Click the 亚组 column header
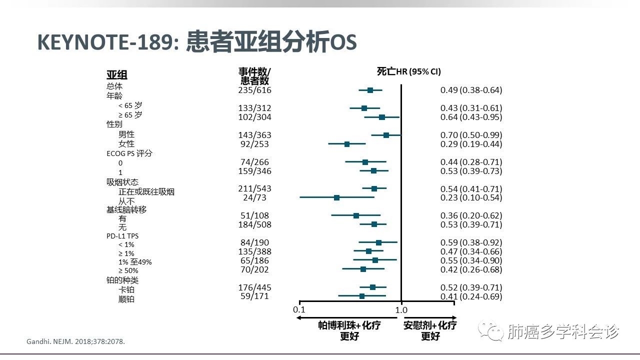click(117, 75)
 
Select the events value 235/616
click(254, 90)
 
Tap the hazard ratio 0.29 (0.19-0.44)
click(471, 144)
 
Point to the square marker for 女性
click(347, 144)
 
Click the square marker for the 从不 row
click(336, 197)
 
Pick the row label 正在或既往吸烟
click(146, 191)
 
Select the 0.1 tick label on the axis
click(299, 309)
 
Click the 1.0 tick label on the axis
click(401, 309)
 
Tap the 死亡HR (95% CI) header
click(408, 71)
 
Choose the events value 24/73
click(254, 197)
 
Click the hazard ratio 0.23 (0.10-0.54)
click(471, 197)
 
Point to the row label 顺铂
click(126, 299)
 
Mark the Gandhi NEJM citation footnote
click(75, 341)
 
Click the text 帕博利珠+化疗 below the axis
click(349, 325)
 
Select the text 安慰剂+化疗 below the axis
click(430, 325)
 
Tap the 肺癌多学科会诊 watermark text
click(562, 331)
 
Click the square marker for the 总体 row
click(370, 90)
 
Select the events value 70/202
click(254, 269)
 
